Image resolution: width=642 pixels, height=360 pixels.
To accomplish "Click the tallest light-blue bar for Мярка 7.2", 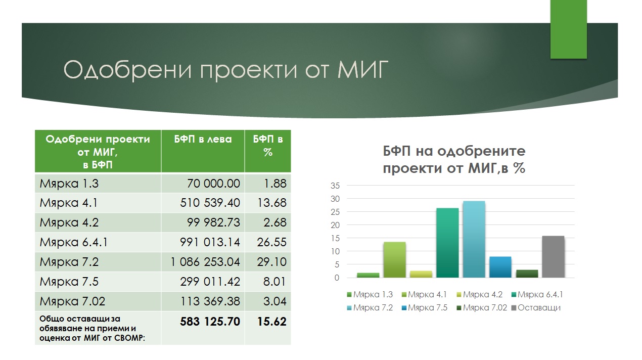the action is point(474,239).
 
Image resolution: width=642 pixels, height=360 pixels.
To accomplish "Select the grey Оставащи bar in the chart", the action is point(553,257).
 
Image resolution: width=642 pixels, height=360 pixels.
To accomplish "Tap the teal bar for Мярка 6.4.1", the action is point(447,243).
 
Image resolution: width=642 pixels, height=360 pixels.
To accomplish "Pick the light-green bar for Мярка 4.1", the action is point(395,260).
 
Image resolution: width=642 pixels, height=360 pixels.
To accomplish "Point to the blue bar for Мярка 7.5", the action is point(500,267).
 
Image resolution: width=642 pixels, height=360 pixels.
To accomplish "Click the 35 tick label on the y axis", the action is point(335,186).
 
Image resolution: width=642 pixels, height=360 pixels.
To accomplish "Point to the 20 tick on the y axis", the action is point(335,226).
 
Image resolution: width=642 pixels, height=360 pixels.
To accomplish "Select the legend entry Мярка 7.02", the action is point(482,307).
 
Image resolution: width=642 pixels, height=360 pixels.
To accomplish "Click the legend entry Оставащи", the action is point(536,307).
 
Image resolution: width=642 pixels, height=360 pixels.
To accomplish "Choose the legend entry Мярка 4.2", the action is point(480,294).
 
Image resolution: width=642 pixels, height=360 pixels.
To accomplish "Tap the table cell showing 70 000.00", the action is point(213,184).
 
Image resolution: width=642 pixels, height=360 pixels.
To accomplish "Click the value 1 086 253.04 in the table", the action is point(205,262).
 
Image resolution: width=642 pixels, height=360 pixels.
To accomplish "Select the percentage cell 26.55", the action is point(271,242).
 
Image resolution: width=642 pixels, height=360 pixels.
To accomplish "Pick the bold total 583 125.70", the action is point(210,322).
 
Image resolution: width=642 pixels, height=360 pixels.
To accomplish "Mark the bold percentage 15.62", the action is point(271,322).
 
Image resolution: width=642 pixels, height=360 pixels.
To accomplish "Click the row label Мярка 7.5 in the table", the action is point(69,282).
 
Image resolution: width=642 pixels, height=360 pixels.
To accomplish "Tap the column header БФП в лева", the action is point(203,140).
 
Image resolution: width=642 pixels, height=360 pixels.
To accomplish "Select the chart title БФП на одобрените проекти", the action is point(454,159).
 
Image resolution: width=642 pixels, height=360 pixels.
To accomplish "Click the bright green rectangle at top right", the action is point(569,29).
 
